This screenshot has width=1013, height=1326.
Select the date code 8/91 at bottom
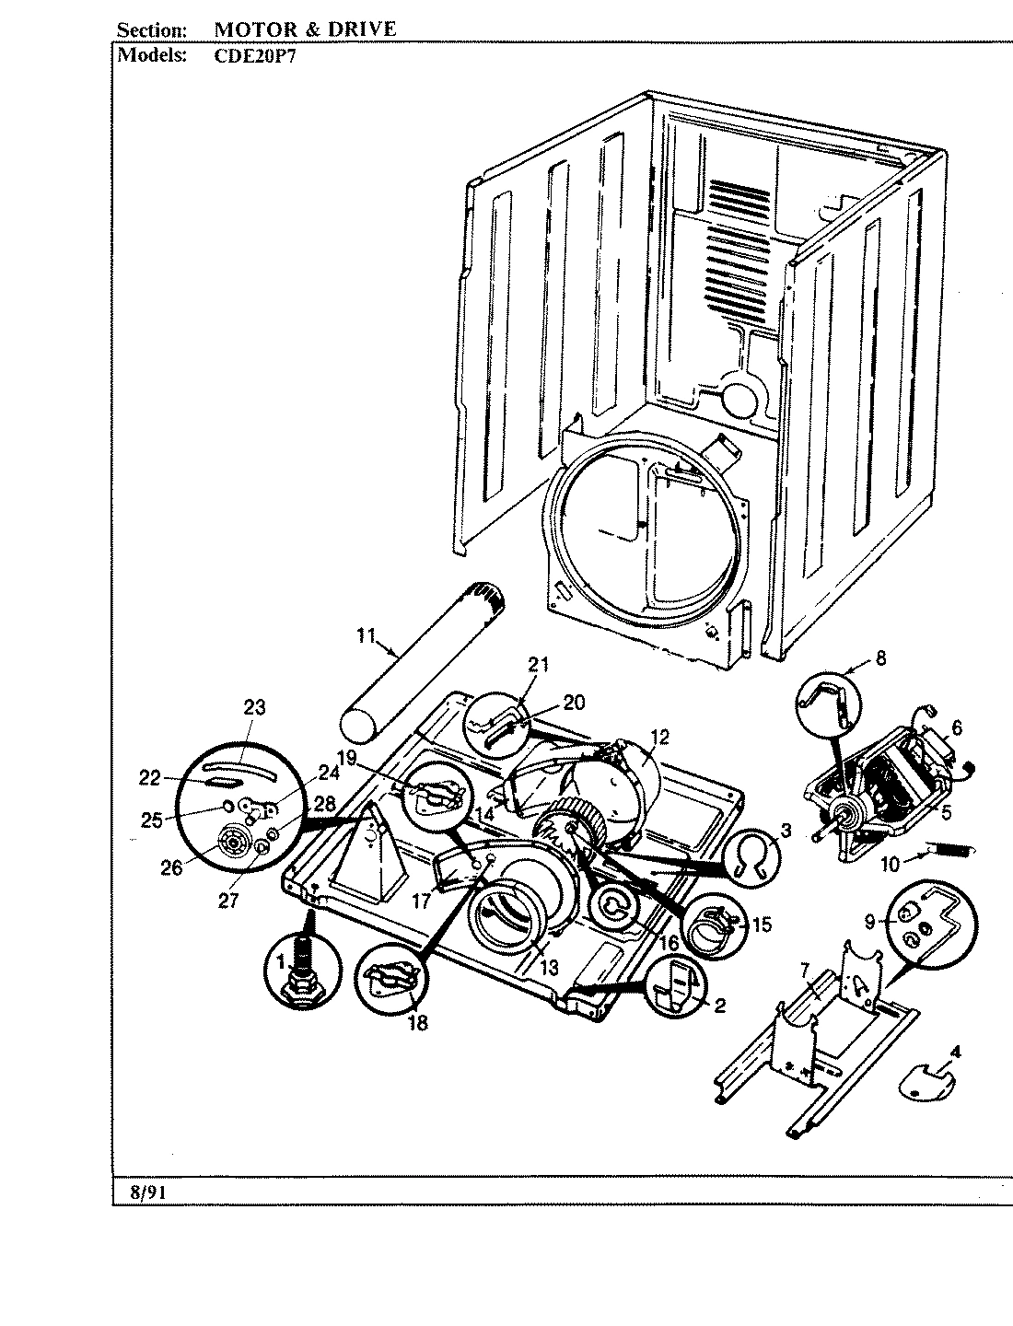[x=143, y=1192]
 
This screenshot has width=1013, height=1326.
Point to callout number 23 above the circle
[x=254, y=707]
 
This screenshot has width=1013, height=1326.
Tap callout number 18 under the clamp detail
[x=417, y=1023]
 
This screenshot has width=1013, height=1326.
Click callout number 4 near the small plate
[x=955, y=1050]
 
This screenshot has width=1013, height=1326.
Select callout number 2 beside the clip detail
[x=719, y=1006]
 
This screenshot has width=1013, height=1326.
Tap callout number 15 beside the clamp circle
[x=761, y=925]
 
